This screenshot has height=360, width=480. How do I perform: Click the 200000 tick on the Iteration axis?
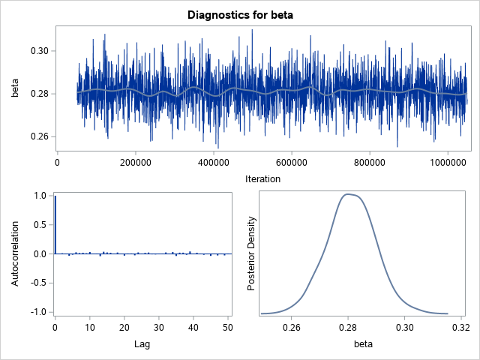(136, 160)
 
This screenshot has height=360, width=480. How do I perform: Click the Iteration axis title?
(262, 178)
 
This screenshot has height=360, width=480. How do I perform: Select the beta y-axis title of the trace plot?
(15, 88)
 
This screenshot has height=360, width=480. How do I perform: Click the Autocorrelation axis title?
(15, 253)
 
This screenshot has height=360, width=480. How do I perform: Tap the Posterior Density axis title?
(252, 253)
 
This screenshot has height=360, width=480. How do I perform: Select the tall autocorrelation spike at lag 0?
(55, 225)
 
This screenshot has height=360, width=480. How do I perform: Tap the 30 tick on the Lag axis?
(159, 327)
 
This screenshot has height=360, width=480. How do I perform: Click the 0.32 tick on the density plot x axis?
(460, 327)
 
